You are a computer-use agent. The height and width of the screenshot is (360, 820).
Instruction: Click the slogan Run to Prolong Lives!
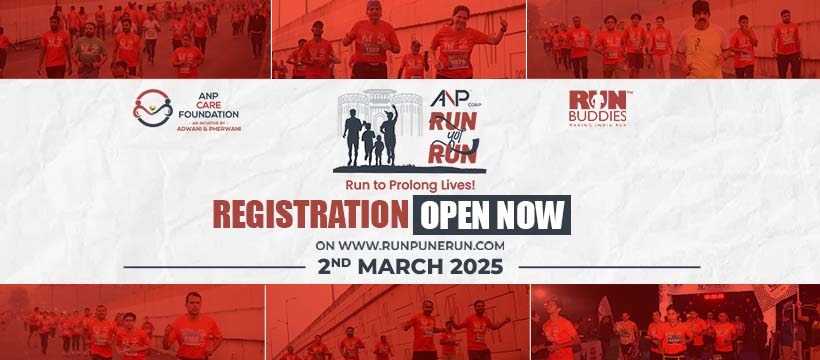tap(410, 185)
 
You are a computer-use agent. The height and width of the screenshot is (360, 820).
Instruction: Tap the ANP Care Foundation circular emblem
tap(153, 110)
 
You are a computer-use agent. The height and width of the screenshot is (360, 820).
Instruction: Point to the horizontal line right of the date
tap(609, 267)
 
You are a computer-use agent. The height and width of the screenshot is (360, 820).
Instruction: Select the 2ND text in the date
tap(334, 267)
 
